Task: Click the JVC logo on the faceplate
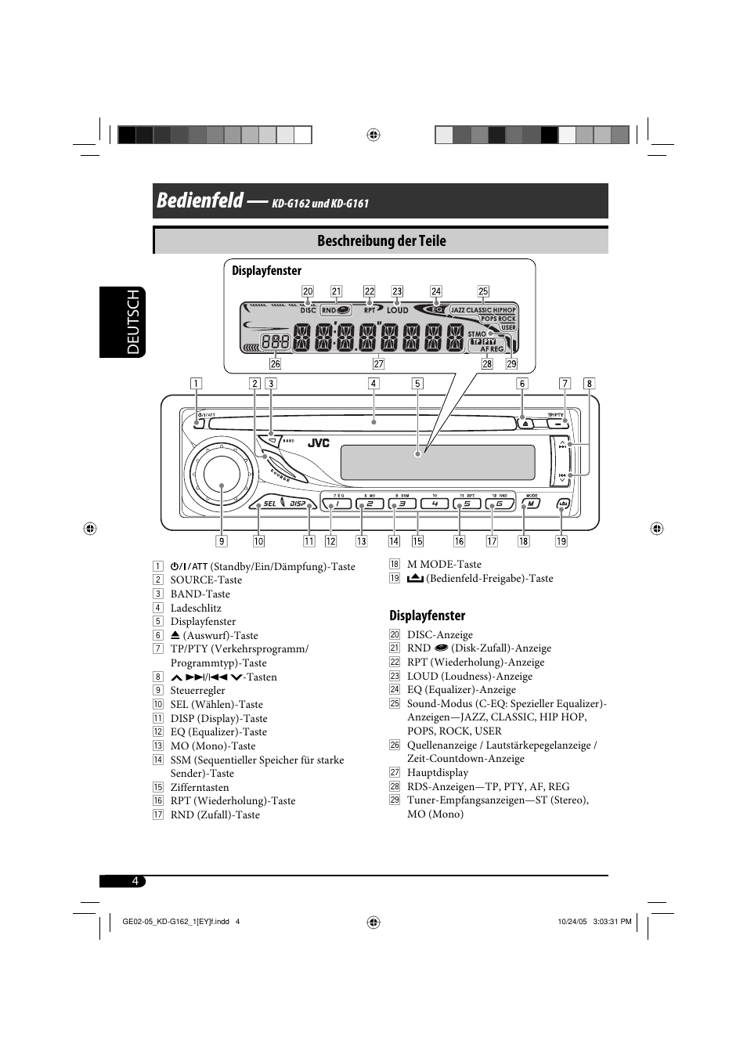[x=319, y=443]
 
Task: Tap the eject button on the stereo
[x=526, y=424]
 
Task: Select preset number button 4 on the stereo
[x=435, y=504]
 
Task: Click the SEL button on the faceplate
[x=269, y=504]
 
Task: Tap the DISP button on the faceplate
[x=298, y=504]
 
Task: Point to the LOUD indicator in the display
[x=398, y=310]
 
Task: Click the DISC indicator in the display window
[x=308, y=310]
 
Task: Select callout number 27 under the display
[x=378, y=364]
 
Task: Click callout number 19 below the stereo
[x=561, y=541]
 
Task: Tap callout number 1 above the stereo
[x=196, y=384]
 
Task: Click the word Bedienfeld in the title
[x=200, y=200]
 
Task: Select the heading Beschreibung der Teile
[x=381, y=241]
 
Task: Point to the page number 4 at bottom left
[x=135, y=881]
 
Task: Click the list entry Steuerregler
[x=197, y=691]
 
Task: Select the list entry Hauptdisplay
[x=437, y=773]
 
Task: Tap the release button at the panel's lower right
[x=562, y=504]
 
